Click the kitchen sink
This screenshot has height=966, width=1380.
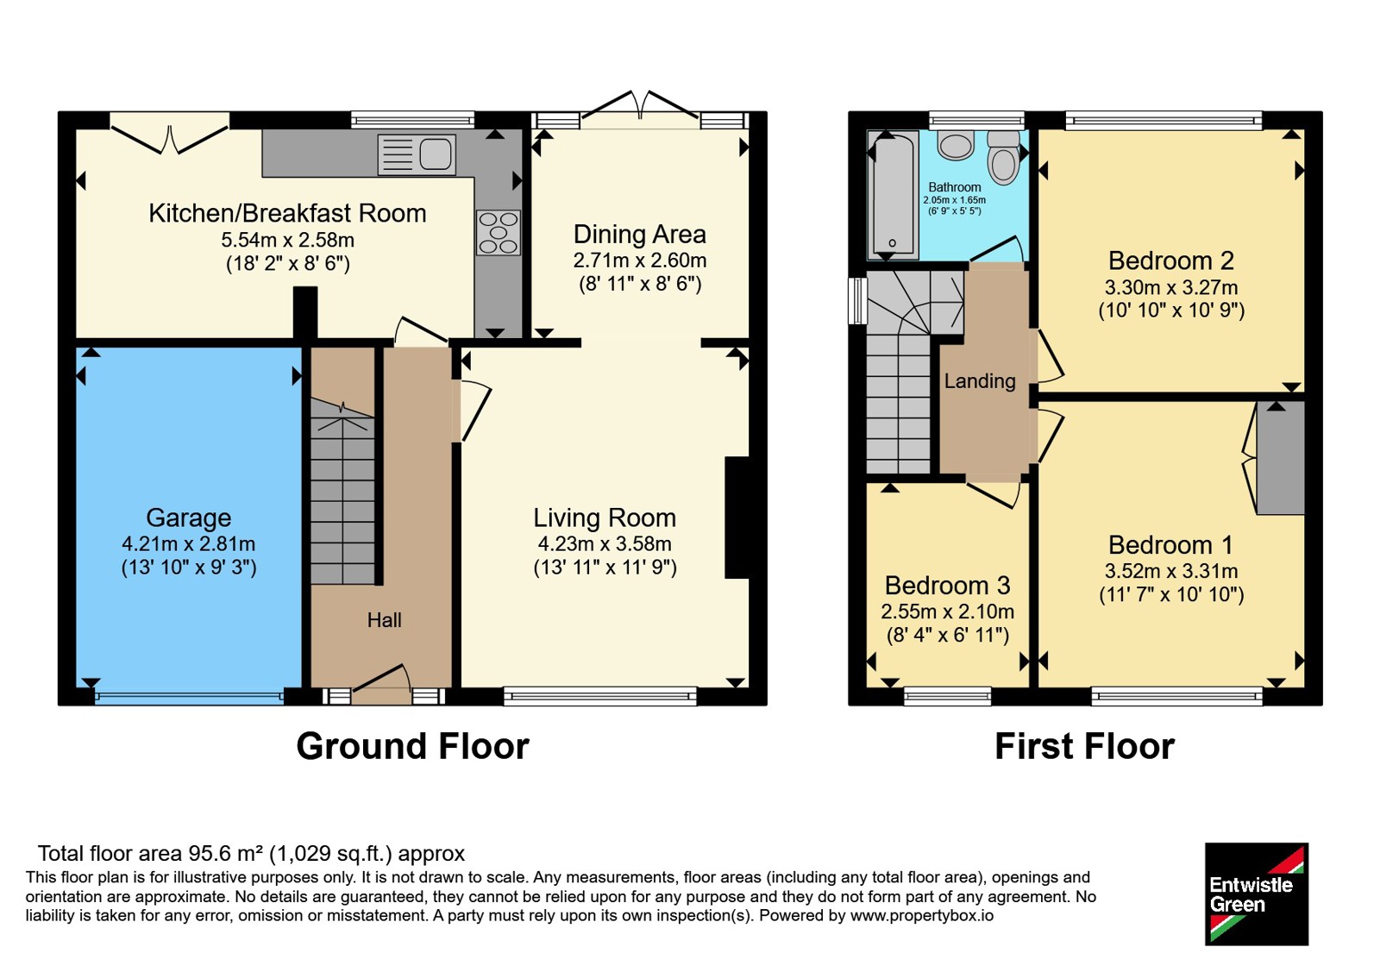coord(417,154)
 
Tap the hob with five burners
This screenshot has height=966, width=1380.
coord(499,233)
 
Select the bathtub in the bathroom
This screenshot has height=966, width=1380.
coord(893,195)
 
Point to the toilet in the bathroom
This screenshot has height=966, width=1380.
coord(1004,157)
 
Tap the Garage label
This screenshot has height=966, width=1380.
coord(189,517)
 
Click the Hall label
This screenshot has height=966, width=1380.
coord(385,620)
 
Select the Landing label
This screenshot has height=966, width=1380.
coord(980,380)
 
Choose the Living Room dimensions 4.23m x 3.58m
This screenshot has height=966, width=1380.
coord(605,544)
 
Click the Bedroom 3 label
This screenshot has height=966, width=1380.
coord(948,586)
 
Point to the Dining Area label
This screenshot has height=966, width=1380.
coord(639,234)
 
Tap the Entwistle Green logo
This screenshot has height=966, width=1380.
coord(1257,894)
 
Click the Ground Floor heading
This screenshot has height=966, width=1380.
coord(413,746)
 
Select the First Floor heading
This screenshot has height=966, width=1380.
coord(1085,746)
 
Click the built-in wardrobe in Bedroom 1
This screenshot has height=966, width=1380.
coord(1280,458)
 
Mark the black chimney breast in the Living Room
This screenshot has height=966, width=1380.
coord(737,517)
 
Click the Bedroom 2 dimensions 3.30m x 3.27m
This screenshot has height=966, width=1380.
coord(1171,287)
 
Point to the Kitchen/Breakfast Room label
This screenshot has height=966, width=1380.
coord(288,213)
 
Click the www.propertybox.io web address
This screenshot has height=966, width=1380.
coord(922,915)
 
